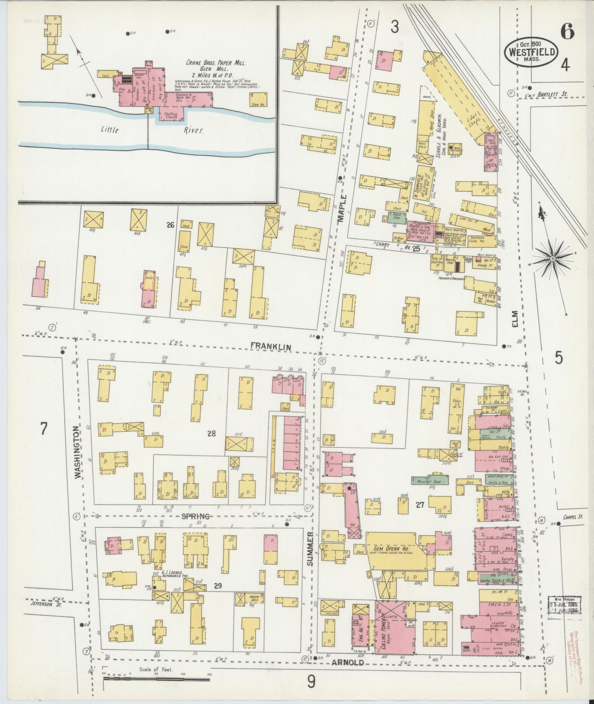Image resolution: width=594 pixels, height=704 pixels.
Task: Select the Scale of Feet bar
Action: (x=157, y=687)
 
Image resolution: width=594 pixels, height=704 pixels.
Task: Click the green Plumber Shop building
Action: (x=430, y=480)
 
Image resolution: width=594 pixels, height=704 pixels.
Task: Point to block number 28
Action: (x=211, y=434)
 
